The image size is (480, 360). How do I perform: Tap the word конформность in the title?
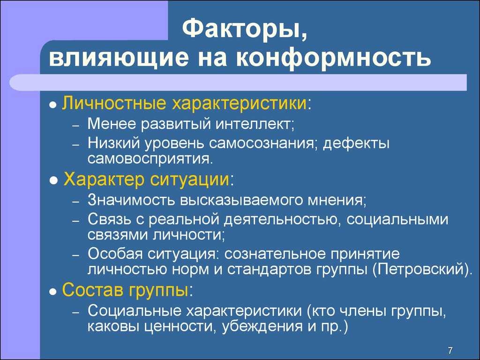pos(333,58)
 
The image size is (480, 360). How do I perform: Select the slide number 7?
pos(450,351)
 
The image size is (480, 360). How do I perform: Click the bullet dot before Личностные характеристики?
pos(53,105)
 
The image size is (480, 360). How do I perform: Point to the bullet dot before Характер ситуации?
pos(53,181)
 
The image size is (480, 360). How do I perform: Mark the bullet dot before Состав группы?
pos(53,292)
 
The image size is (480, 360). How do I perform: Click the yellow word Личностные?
pos(114,103)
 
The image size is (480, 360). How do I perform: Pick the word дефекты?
pos(356,143)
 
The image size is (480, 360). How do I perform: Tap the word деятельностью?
pos(280,219)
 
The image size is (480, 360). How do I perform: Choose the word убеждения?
pos(263,327)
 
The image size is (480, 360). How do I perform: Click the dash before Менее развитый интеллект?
pos(76,126)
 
